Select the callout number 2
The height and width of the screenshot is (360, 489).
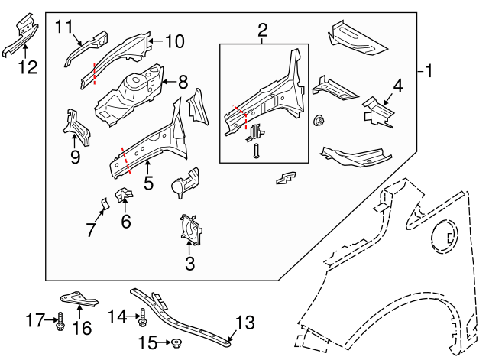pyautogui.click(x=263, y=31)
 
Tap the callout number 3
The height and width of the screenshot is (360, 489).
pyautogui.click(x=190, y=264)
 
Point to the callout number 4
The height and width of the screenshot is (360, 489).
pyautogui.click(x=397, y=86)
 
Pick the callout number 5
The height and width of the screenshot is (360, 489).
pyautogui.click(x=148, y=183)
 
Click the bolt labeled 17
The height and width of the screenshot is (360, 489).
pyautogui.click(x=60, y=319)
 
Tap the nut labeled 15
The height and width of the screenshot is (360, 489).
pyautogui.click(x=175, y=342)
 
